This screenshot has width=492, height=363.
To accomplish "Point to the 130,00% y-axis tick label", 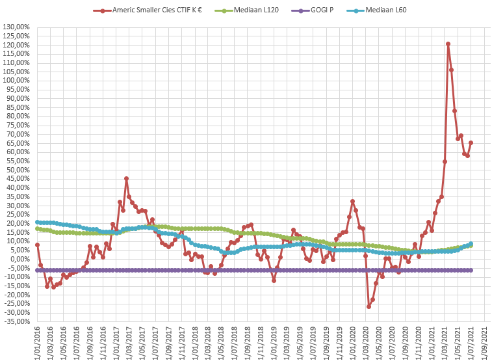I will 17,27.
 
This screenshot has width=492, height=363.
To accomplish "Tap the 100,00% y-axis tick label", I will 17,81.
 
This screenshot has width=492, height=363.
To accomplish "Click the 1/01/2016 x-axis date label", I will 37,343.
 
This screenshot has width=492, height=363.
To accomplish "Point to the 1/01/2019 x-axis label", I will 274,343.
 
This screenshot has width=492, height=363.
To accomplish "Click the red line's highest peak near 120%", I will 448,44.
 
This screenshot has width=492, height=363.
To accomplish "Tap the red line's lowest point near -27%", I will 369,306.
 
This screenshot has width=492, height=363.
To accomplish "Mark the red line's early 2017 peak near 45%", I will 126,178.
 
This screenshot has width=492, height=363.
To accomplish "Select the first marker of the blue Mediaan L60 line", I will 37,222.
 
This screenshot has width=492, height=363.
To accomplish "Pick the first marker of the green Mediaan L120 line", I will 37,228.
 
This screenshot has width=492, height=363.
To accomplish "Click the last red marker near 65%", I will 471,142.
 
